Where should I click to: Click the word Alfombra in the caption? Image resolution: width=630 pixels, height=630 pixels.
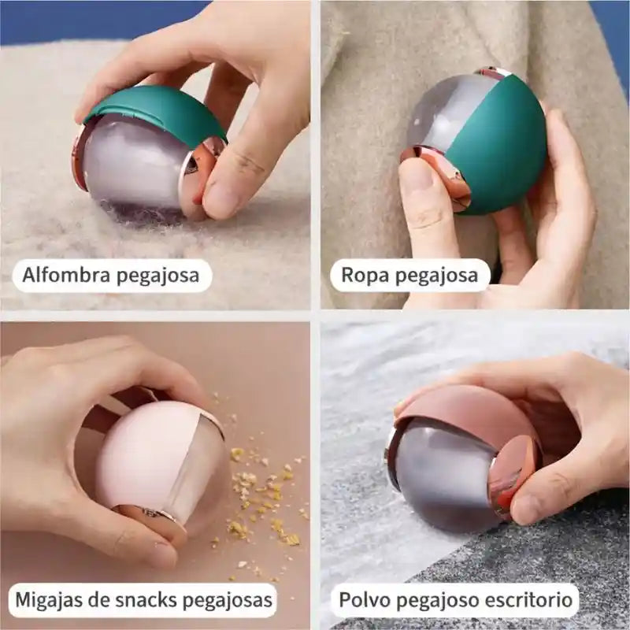[x=66, y=275]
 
